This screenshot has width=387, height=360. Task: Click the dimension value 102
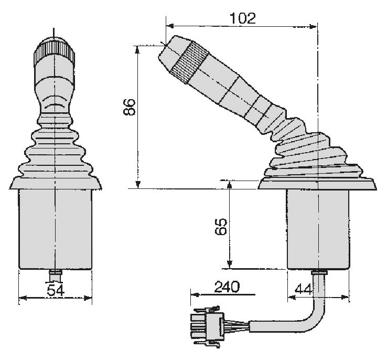coord(243,18)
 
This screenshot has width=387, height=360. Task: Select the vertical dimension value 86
coord(130,107)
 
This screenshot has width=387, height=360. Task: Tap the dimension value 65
coord(221,226)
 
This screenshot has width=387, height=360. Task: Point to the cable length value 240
coord(227,287)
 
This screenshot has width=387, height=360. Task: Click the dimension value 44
coord(304,289)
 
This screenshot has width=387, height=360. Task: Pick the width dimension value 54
coord(56,290)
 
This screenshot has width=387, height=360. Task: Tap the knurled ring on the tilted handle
coord(190,62)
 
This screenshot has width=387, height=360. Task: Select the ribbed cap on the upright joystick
coord(55,53)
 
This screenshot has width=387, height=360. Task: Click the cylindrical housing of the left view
coord(55,229)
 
